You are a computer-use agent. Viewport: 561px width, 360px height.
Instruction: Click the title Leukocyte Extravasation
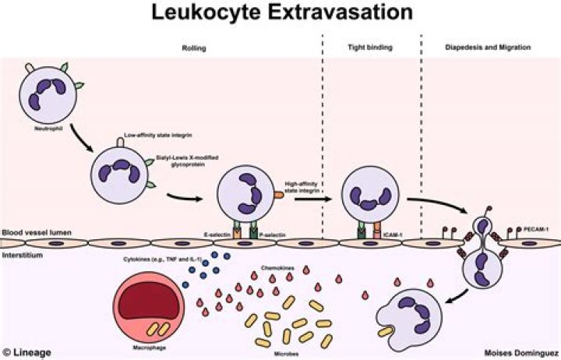[x=280, y=14]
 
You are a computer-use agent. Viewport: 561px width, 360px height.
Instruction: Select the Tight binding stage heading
[x=370, y=48]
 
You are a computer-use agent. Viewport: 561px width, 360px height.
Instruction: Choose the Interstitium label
[x=22, y=254]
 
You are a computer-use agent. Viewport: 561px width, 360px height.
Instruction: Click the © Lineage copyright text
[x=26, y=352]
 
